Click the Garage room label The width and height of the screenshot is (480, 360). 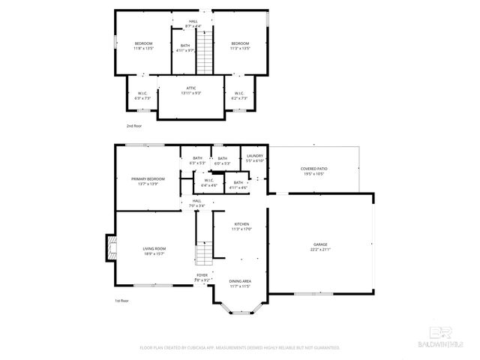(x=320, y=247)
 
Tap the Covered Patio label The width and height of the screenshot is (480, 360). (x=313, y=171)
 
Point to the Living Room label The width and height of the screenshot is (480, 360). (x=154, y=250)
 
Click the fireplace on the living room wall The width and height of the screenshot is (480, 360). (x=110, y=247)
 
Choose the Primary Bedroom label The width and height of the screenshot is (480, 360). (x=148, y=181)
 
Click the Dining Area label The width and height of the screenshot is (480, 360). (x=240, y=283)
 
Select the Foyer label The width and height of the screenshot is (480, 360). (x=202, y=277)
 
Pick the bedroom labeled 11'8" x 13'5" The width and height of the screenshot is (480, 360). (x=143, y=46)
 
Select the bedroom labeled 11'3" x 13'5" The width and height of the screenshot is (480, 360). (x=240, y=46)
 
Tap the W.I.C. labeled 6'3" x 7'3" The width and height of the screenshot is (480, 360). (x=142, y=96)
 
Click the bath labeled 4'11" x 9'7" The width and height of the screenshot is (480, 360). (x=185, y=48)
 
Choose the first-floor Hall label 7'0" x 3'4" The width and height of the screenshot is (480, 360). (x=196, y=202)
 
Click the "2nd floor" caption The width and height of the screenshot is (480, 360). (x=133, y=126)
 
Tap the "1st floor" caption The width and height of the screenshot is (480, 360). (x=121, y=301)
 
